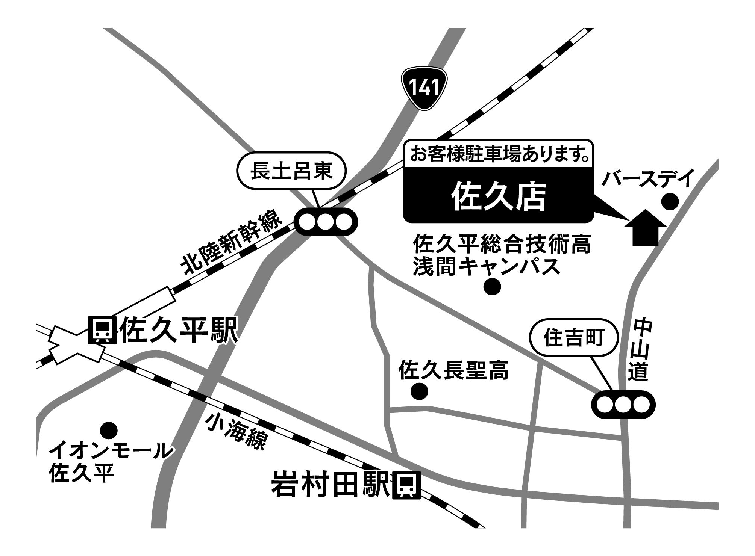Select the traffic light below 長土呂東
point(326,222)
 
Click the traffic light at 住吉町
point(623,405)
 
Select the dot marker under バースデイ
point(670,202)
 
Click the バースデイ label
point(647,179)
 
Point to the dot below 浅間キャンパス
point(492,287)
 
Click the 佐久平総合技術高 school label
point(502,245)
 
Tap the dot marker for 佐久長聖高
point(419,392)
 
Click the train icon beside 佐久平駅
point(101,330)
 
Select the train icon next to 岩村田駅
point(406,486)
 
